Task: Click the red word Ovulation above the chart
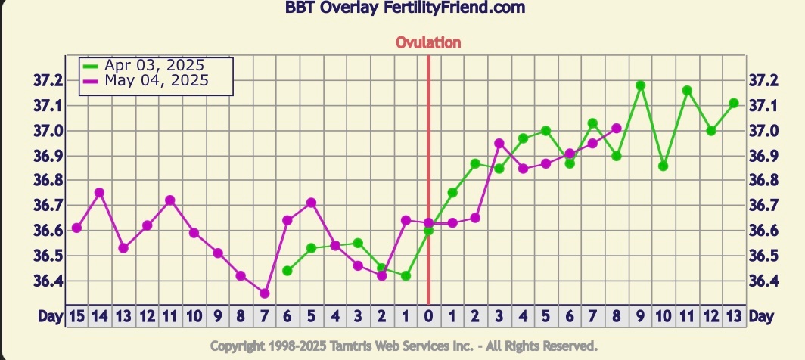click(x=428, y=42)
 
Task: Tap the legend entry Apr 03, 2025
click(x=154, y=65)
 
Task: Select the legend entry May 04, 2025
click(x=157, y=80)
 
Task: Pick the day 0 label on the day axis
click(x=428, y=315)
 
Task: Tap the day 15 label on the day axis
click(x=76, y=315)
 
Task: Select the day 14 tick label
click(x=99, y=315)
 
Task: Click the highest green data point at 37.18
click(x=640, y=85)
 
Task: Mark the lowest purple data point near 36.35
click(x=264, y=293)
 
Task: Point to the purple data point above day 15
click(x=76, y=228)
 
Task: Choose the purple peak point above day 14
click(x=99, y=192)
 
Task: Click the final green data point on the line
click(x=734, y=103)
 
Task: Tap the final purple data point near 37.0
click(x=616, y=129)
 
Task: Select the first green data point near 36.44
click(x=287, y=270)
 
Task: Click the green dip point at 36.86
click(x=664, y=166)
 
